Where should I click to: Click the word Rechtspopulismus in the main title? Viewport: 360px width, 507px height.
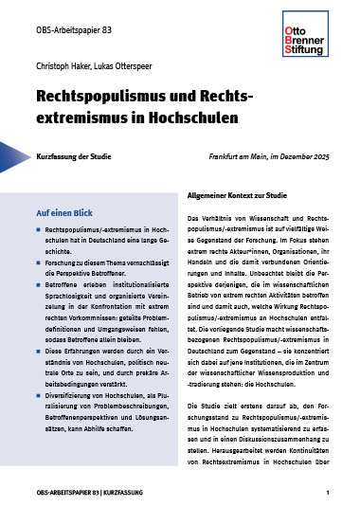108,98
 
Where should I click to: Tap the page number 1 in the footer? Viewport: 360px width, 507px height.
327,494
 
